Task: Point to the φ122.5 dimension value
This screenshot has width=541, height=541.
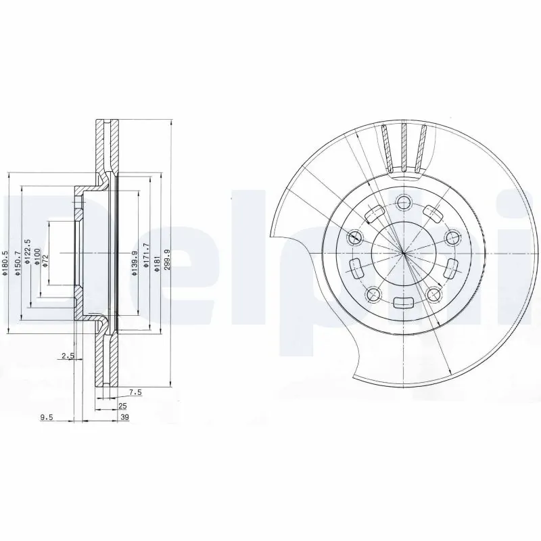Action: coord(28,253)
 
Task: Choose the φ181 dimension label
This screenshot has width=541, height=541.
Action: coord(157,260)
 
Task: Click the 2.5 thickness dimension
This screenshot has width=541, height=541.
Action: coord(67,356)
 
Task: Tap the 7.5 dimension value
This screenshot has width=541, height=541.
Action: coord(135,392)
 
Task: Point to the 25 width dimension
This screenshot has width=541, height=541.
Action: coord(122,406)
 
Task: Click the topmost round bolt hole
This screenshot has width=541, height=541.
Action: coord(404,202)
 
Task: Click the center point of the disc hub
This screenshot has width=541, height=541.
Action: coord(403,253)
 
